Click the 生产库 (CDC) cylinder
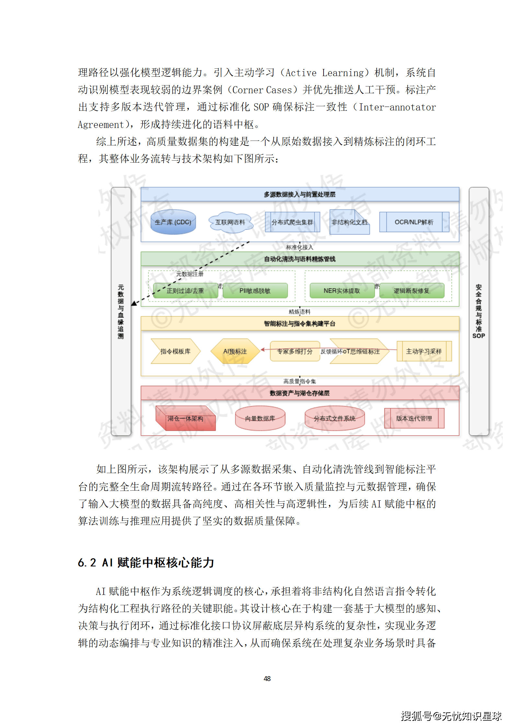click(x=173, y=222)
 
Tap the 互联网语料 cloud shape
click(x=230, y=222)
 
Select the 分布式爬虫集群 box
click(x=292, y=222)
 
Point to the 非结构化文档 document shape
click(x=349, y=222)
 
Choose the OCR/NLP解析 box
click(x=414, y=222)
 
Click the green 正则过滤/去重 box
click(x=185, y=291)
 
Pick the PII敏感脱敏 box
click(x=255, y=291)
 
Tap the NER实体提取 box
click(x=342, y=291)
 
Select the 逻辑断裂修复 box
click(x=411, y=291)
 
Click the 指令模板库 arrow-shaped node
click(x=175, y=351)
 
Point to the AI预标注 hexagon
click(x=235, y=351)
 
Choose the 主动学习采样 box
click(x=424, y=351)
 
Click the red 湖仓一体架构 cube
click(x=185, y=419)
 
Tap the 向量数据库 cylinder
click(x=260, y=419)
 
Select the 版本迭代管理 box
click(x=414, y=418)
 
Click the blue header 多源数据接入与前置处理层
click(x=300, y=194)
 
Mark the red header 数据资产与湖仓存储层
click(x=300, y=393)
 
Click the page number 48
click(x=267, y=678)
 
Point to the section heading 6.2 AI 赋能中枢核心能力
click(x=146, y=563)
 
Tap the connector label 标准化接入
click(x=300, y=247)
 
